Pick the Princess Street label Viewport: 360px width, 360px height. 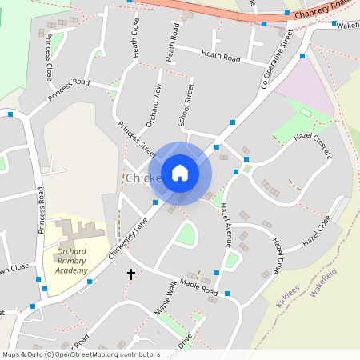(x=136, y=138)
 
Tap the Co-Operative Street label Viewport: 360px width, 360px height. (x=277, y=60)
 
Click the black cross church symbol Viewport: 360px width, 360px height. (x=131, y=274)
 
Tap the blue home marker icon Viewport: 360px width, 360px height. (x=180, y=173)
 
